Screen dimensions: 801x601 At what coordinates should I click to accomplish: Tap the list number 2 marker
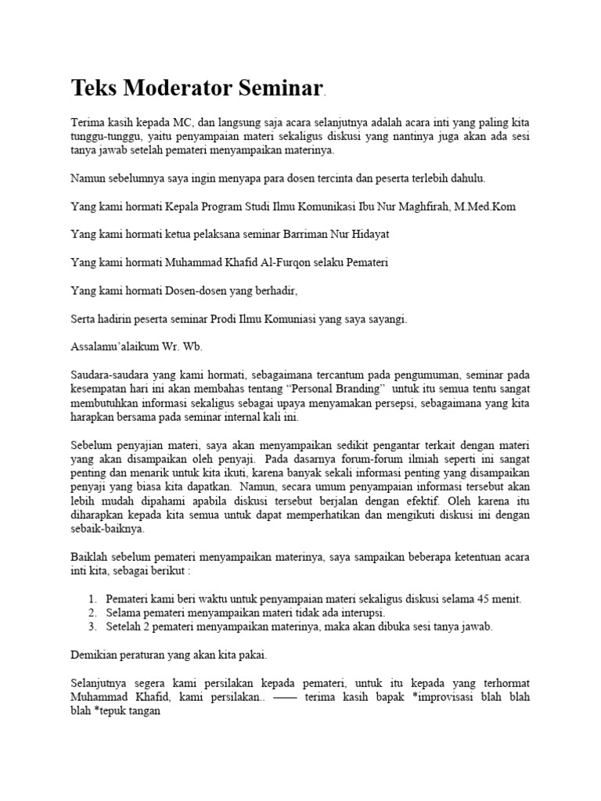pyautogui.click(x=92, y=613)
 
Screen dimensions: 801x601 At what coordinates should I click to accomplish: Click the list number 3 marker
pyautogui.click(x=92, y=627)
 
